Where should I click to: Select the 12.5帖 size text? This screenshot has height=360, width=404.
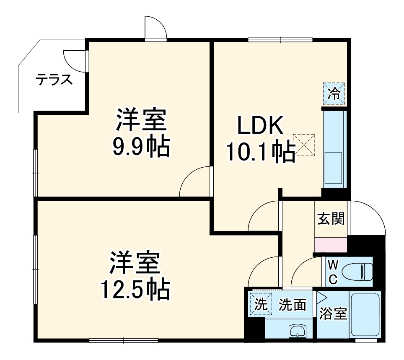click(x=135, y=289)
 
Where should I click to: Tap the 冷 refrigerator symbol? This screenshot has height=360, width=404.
click(x=334, y=93)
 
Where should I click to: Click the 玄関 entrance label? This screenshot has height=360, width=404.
click(x=331, y=218)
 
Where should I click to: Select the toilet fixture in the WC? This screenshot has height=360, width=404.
click(x=356, y=272)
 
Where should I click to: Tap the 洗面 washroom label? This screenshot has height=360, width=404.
click(x=292, y=305)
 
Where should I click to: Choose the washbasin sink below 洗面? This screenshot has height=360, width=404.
click(x=297, y=331)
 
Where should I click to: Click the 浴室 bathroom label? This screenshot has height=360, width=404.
click(x=333, y=313)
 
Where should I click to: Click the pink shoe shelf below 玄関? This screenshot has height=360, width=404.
click(x=331, y=245)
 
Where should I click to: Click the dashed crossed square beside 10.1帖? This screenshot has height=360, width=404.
click(x=304, y=144)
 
